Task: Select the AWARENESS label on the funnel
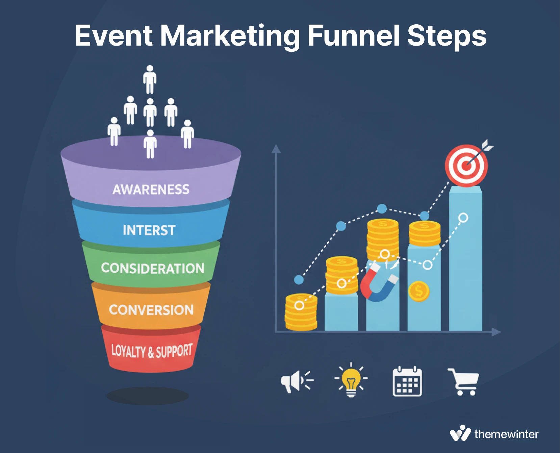click(151, 190)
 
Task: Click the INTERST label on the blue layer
click(149, 230)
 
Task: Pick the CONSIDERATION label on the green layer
click(152, 269)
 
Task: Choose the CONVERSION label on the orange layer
click(151, 310)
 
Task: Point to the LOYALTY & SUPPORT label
click(152, 351)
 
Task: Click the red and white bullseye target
click(466, 166)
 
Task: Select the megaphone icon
click(297, 381)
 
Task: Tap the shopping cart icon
click(463, 381)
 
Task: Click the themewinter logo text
click(506, 434)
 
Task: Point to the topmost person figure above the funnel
click(150, 79)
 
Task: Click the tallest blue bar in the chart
click(465, 258)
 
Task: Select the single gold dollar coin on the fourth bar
click(419, 291)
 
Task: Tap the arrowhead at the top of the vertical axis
click(276, 149)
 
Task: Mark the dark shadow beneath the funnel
click(148, 396)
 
